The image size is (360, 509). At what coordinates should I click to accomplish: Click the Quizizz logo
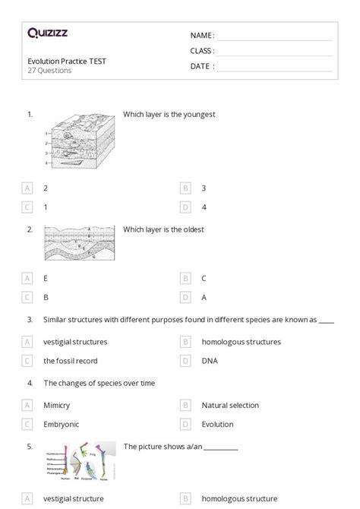(47, 33)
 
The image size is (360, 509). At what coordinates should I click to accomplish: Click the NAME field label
(202, 36)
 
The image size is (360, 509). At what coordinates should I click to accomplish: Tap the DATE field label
(202, 66)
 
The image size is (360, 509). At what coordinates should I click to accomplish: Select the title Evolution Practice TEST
(67, 61)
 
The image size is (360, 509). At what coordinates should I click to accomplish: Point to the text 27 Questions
(49, 71)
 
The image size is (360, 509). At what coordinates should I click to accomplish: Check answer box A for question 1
(28, 188)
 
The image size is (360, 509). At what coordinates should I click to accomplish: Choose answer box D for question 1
(185, 207)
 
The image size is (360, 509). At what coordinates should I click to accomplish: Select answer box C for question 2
(28, 298)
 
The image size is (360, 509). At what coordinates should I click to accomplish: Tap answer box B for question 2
(185, 279)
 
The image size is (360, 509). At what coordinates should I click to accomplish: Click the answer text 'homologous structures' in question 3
(241, 342)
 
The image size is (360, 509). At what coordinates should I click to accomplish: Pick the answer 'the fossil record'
(71, 361)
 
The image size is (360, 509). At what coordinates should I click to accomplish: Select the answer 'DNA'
(210, 361)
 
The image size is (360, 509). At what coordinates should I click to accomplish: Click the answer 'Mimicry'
(57, 406)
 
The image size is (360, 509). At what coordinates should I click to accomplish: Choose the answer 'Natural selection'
(230, 406)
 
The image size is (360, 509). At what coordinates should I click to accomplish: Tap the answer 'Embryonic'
(62, 425)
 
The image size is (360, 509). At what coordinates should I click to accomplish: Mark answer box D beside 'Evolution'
(185, 425)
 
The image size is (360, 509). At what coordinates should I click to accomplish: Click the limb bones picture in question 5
(81, 461)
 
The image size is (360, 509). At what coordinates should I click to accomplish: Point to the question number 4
(30, 384)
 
